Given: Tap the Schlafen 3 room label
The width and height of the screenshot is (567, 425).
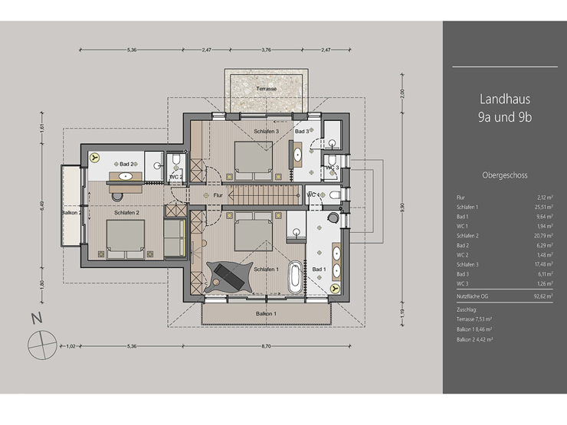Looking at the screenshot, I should (x=266, y=132).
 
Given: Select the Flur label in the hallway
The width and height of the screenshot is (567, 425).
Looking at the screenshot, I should (x=218, y=195).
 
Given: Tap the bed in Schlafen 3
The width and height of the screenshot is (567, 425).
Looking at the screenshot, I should (x=252, y=158).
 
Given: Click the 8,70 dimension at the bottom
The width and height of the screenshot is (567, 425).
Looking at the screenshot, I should (x=265, y=346).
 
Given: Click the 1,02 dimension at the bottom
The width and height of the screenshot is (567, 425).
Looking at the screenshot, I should (x=71, y=346).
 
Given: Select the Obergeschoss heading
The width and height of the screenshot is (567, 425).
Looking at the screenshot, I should (x=505, y=174).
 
